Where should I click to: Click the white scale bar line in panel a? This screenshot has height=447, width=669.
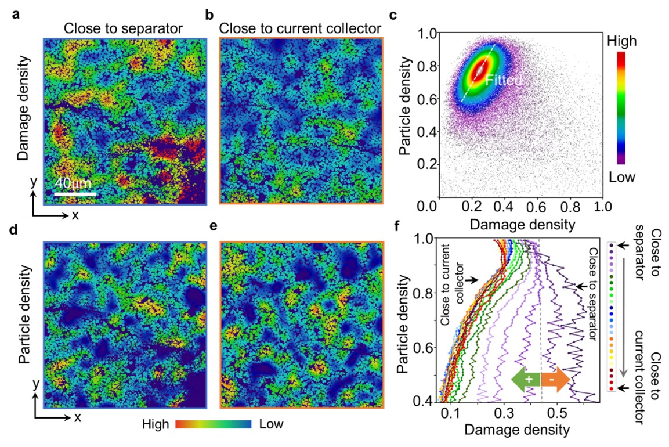point(75,193)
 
